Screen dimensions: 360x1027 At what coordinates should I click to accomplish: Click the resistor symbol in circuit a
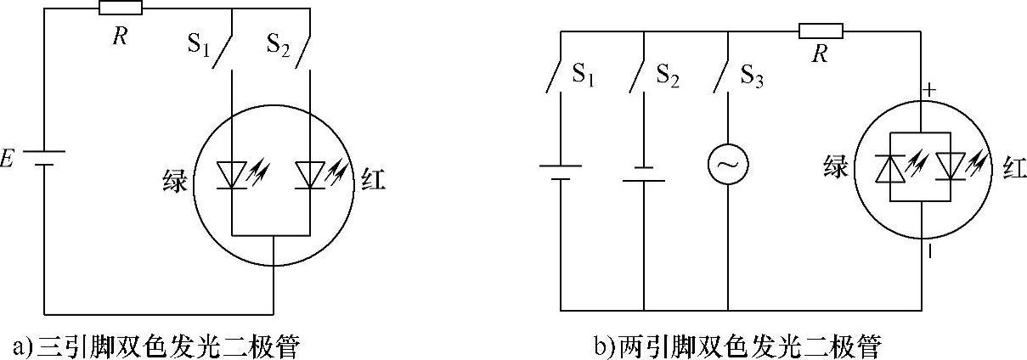[x=120, y=8]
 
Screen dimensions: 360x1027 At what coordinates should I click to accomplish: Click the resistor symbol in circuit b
[x=820, y=32]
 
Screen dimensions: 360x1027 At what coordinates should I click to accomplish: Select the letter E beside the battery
[x=8, y=158]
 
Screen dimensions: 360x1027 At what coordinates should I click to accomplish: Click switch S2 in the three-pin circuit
[x=302, y=53]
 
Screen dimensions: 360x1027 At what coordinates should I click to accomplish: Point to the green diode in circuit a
[x=232, y=174]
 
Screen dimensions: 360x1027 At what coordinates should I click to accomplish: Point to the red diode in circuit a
[x=310, y=174]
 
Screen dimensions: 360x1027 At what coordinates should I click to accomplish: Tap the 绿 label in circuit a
[x=175, y=179]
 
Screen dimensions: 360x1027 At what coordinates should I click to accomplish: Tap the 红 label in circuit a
[x=372, y=179]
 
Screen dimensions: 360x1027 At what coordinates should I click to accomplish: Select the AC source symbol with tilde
[x=729, y=166]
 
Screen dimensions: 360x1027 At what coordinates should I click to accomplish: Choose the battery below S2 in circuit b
[x=643, y=174]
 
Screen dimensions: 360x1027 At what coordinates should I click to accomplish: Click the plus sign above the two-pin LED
[x=929, y=88]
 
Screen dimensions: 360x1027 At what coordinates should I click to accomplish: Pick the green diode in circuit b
[x=889, y=166]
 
